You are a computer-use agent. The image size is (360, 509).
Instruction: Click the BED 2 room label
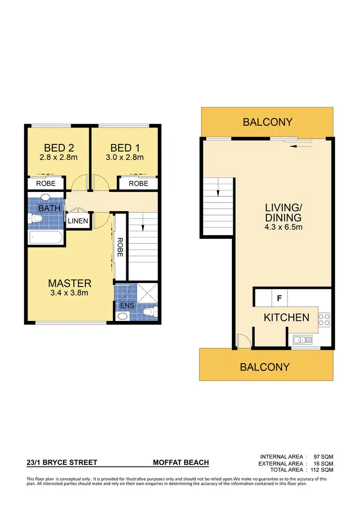(x=59, y=147)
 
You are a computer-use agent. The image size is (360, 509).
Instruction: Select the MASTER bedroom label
(x=70, y=283)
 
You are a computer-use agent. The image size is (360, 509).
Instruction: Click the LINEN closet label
(x=78, y=221)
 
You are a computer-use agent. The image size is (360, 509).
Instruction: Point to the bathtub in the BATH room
(x=46, y=237)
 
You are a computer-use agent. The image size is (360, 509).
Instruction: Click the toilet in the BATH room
(x=36, y=219)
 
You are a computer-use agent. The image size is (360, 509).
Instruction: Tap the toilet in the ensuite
(x=151, y=313)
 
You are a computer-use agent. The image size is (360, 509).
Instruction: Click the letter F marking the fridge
(x=279, y=297)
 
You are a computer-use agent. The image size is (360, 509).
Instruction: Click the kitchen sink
(x=303, y=340)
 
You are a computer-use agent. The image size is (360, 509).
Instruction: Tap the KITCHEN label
(x=287, y=317)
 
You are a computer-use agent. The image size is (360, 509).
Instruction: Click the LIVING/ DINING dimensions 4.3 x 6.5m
(x=284, y=227)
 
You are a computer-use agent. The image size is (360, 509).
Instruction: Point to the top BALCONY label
(x=267, y=122)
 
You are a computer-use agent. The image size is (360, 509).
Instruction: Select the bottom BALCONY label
(x=265, y=367)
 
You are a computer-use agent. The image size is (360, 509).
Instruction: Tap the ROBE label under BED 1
(x=139, y=183)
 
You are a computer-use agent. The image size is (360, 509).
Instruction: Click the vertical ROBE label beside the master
(x=120, y=248)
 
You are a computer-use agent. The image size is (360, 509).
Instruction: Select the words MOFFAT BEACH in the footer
(x=181, y=462)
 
